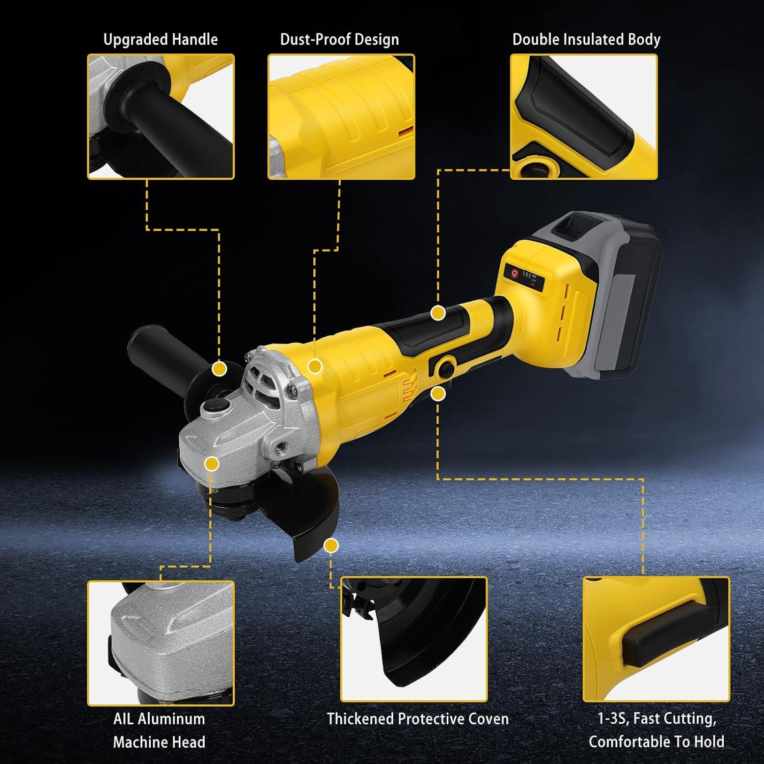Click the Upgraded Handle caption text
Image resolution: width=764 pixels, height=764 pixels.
160,40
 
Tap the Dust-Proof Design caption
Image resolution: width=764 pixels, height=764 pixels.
339,40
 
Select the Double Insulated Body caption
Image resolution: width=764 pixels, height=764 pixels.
586,40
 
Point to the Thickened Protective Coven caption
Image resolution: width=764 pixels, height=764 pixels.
418,719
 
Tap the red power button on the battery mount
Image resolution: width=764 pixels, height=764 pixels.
515,273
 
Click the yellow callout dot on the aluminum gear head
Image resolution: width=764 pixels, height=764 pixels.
212,463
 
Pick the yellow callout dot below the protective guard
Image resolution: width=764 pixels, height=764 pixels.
331,546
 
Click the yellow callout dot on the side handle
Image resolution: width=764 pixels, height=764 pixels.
220,369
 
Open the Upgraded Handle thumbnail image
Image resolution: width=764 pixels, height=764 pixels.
160,117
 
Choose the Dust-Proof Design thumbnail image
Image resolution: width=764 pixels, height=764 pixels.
341,117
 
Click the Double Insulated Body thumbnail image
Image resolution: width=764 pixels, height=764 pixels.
584,117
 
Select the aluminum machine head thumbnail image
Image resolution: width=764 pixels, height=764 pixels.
160,643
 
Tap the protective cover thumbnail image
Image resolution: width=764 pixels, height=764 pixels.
414,639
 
